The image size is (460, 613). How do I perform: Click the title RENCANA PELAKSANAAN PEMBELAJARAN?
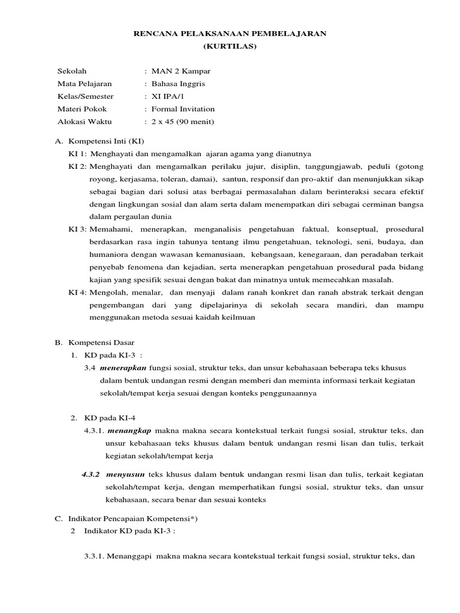(x=229, y=35)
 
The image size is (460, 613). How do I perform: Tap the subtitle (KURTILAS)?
(x=229, y=46)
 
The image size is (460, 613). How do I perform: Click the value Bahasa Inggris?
(x=178, y=84)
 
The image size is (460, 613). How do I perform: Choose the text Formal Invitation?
(x=183, y=109)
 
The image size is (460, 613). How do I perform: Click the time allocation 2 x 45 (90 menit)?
(x=183, y=122)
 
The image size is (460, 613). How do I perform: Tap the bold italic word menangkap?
(x=129, y=431)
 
